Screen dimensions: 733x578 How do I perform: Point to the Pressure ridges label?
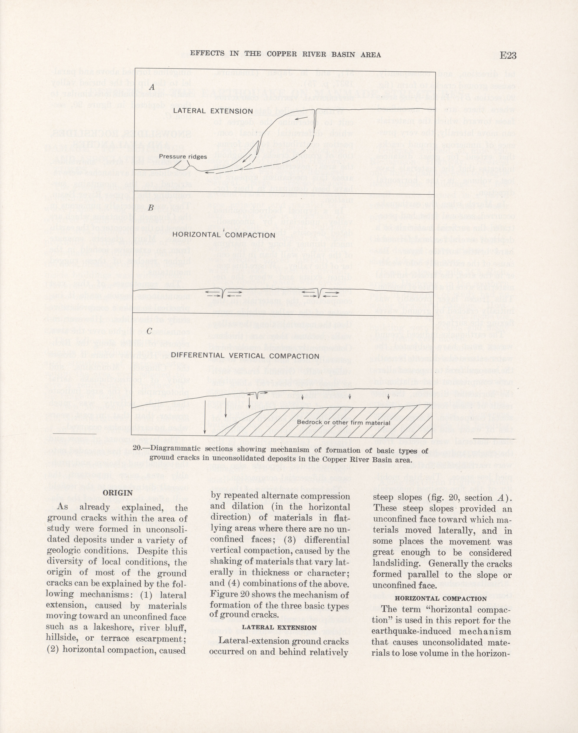183,157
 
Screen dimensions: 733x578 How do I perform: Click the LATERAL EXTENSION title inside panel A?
213,111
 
